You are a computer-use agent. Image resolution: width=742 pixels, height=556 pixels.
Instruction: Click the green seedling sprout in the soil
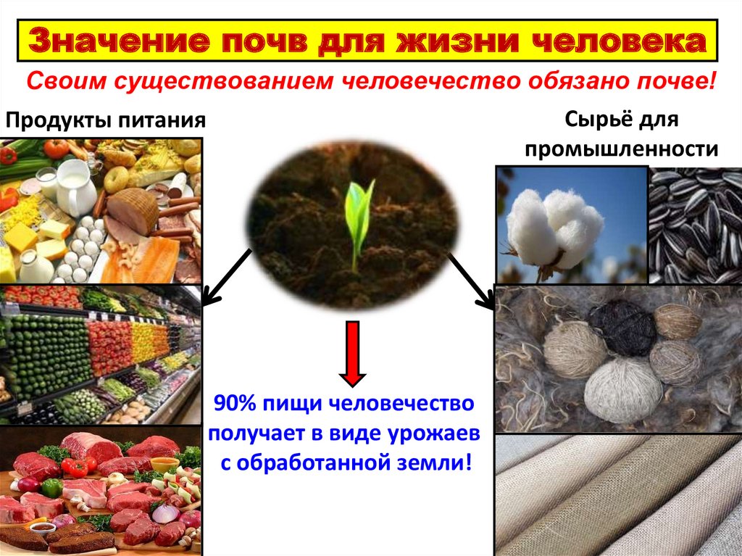click(x=358, y=217)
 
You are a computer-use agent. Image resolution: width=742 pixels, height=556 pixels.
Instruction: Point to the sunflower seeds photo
click(x=695, y=225)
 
